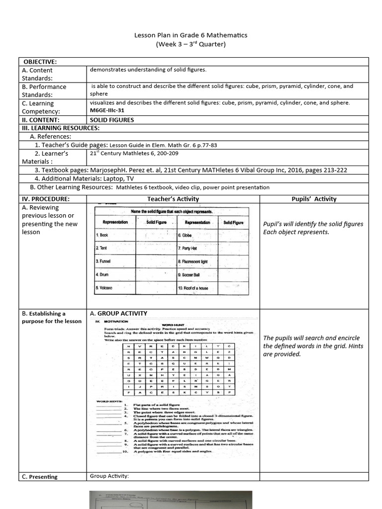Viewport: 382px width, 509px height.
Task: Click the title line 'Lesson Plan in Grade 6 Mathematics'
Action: pos(191,35)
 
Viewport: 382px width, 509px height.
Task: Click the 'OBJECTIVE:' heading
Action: pos(39,62)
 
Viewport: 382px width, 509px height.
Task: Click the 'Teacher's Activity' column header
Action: pos(173,199)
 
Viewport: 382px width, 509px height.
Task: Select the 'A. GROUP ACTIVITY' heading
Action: pos(118,314)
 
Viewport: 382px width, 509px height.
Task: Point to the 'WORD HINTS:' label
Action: pos(108,401)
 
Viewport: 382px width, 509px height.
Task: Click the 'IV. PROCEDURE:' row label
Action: pos(45,199)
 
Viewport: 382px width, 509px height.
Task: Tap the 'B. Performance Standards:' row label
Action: pos(44,90)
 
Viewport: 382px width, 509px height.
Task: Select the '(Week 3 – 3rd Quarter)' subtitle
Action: pos(191,45)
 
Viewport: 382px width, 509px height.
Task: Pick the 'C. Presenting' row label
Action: pos(40,477)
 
